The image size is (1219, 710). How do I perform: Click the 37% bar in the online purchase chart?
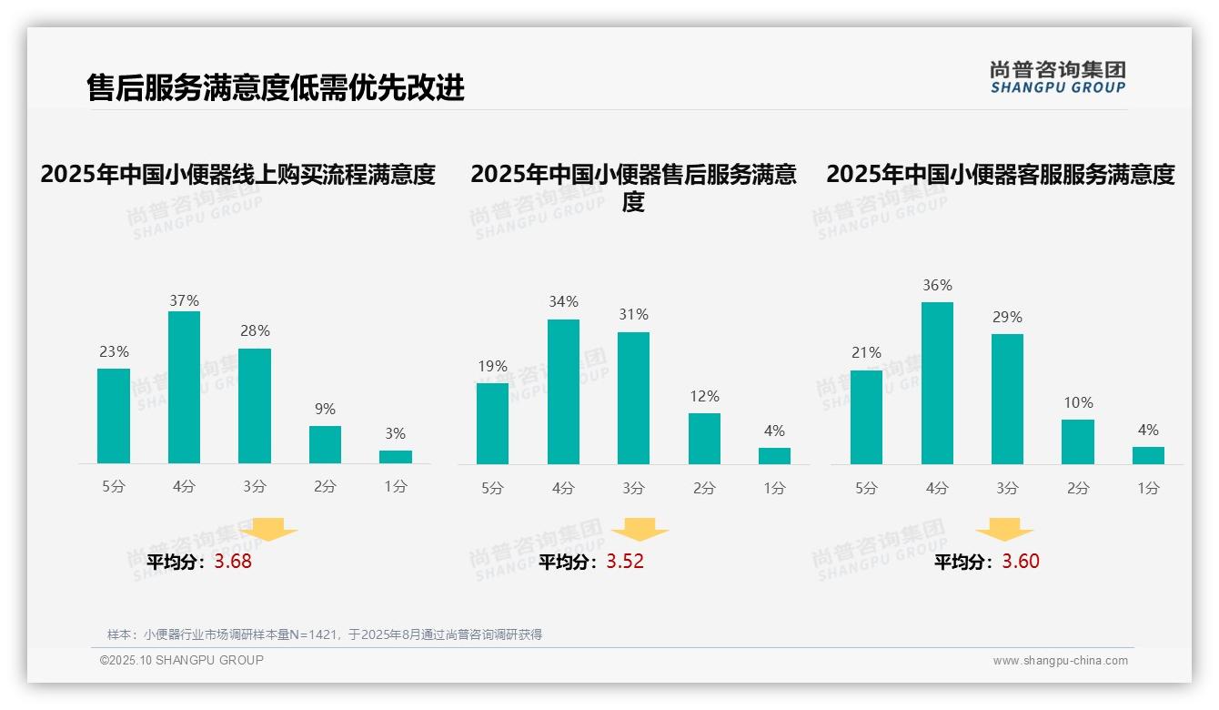tap(184, 387)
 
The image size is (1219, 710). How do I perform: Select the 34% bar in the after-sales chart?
tap(563, 391)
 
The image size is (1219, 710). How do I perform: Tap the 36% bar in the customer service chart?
tap(937, 383)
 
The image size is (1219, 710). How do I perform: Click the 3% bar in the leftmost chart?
tap(396, 457)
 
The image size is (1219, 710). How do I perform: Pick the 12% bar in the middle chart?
tap(704, 439)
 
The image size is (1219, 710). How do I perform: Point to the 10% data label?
tap(1078, 402)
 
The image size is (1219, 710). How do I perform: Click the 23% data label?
tap(114, 351)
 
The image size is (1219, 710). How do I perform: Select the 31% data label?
tap(633, 314)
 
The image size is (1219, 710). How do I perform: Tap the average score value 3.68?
tap(233, 562)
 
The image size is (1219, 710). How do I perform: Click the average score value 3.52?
tap(625, 562)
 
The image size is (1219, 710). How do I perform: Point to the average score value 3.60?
tap(1021, 562)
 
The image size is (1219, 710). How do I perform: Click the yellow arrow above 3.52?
tap(640, 529)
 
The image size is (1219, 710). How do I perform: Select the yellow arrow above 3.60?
tap(1004, 529)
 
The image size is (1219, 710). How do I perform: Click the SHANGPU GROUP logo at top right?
tap(1057, 77)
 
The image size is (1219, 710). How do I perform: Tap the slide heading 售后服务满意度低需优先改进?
tap(276, 87)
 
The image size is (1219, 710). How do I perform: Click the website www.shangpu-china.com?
tap(1060, 661)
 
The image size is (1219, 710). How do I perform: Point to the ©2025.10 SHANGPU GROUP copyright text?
tap(182, 660)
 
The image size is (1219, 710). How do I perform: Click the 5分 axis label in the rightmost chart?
tap(866, 489)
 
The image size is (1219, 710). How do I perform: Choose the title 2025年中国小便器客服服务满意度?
tap(1001, 174)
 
